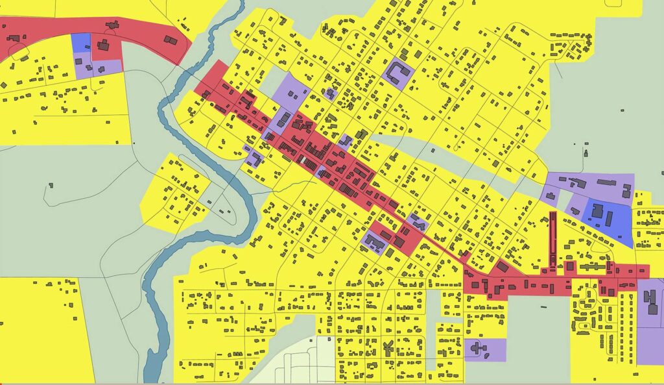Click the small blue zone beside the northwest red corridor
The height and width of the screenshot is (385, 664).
80,42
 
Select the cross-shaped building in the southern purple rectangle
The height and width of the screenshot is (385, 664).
478,349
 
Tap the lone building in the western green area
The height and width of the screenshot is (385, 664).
50,186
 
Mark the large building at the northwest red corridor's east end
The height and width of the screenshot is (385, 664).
171,40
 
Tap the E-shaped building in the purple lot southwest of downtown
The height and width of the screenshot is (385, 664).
375,243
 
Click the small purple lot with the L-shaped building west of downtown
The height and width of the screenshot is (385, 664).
255,156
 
